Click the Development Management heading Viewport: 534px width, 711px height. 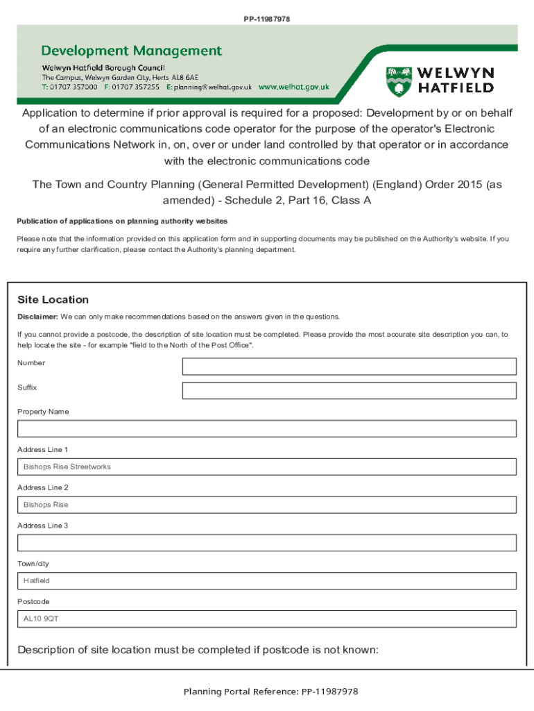(x=132, y=51)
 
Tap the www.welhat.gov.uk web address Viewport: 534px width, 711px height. (x=293, y=88)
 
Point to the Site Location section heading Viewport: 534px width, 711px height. (x=53, y=300)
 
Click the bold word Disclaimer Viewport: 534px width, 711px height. (x=37, y=317)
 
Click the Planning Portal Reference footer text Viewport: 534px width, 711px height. (x=270, y=692)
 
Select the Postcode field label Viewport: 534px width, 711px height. (x=33, y=601)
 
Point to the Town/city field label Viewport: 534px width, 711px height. (x=33, y=564)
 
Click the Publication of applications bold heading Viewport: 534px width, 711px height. (x=122, y=221)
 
